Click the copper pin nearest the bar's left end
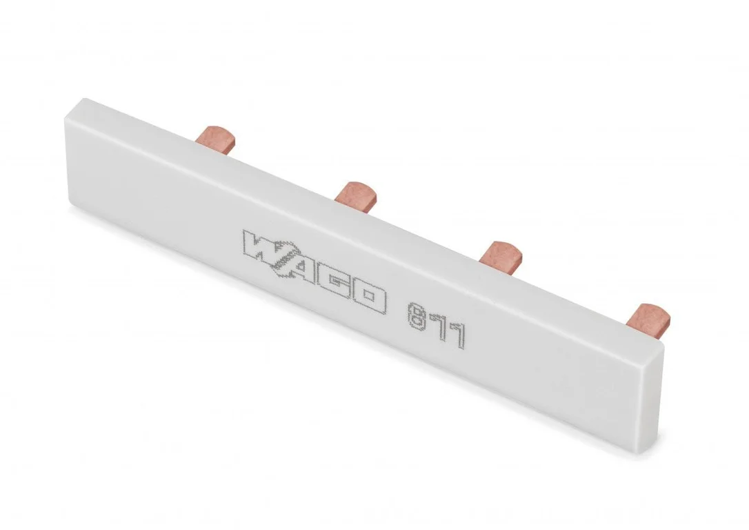[x=216, y=139]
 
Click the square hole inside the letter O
[x=368, y=297]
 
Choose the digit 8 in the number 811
[x=416, y=316]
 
